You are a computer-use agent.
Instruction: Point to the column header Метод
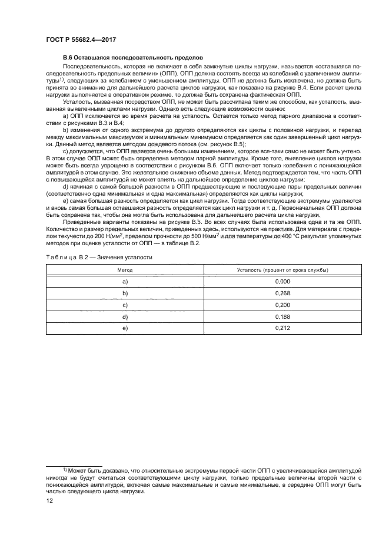[x=125, y=269]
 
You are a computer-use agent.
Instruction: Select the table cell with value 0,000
[x=282, y=282]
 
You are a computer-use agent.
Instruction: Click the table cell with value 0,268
[x=282, y=293]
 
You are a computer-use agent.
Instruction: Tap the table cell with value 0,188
[x=282, y=316]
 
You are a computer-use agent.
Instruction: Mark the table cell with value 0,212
[x=282, y=327]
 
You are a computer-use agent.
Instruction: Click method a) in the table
[x=125, y=282]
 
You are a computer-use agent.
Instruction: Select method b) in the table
[x=125, y=293]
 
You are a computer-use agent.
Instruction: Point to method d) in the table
[x=125, y=316]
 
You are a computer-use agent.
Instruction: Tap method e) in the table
[x=125, y=327]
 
